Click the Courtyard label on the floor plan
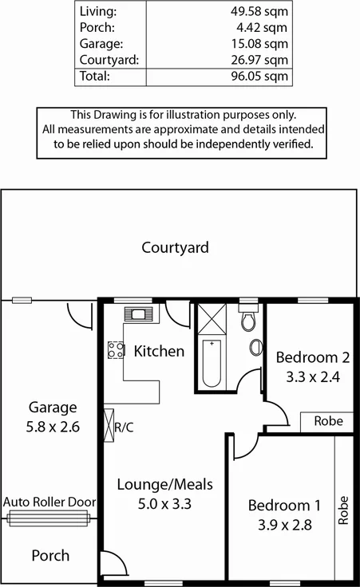click(x=175, y=247)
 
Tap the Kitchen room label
click(x=159, y=351)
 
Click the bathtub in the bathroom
click(x=211, y=363)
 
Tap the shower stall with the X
click(x=212, y=318)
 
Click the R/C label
click(x=125, y=427)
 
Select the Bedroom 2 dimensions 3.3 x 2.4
click(x=307, y=377)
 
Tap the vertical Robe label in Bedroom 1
click(x=343, y=510)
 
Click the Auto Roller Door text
click(x=49, y=502)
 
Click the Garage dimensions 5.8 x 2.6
click(x=53, y=427)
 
